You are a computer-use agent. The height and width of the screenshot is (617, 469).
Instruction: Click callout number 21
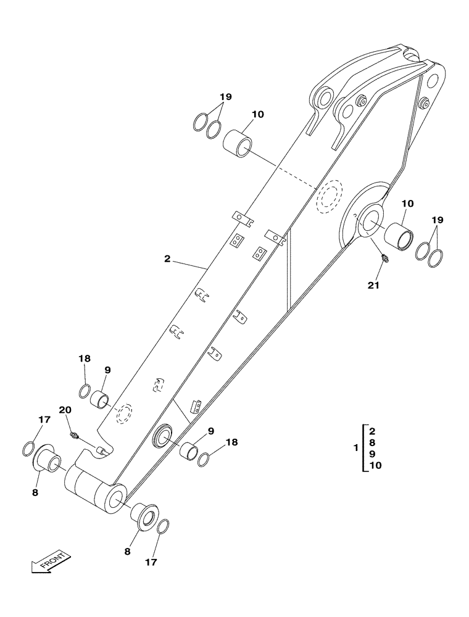click(x=373, y=285)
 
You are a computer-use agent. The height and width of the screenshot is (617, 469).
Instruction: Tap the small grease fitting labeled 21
click(x=384, y=259)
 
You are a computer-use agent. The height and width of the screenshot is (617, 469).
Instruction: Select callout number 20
click(x=65, y=410)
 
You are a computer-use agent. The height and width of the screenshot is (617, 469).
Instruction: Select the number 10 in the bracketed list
click(x=375, y=466)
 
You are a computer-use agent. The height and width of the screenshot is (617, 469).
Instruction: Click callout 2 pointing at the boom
click(x=167, y=259)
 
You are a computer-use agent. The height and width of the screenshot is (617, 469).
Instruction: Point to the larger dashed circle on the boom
click(x=330, y=196)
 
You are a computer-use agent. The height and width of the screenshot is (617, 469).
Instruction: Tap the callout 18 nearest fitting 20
click(x=85, y=359)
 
